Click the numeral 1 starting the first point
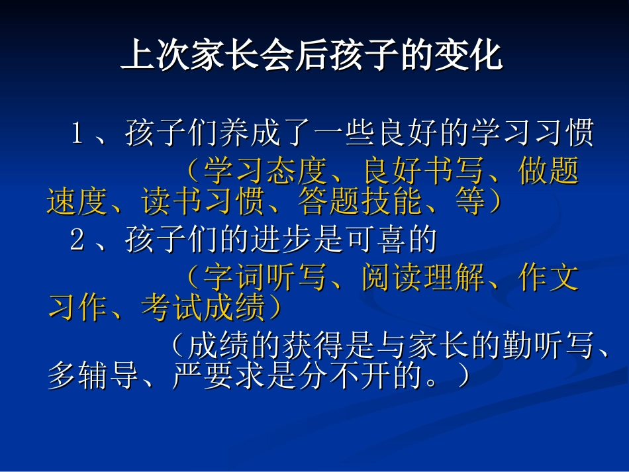[x=77, y=135]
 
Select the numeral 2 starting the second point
[x=77, y=240]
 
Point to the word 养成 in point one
[x=250, y=135]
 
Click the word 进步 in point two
[x=281, y=240]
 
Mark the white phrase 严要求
[x=218, y=377]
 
